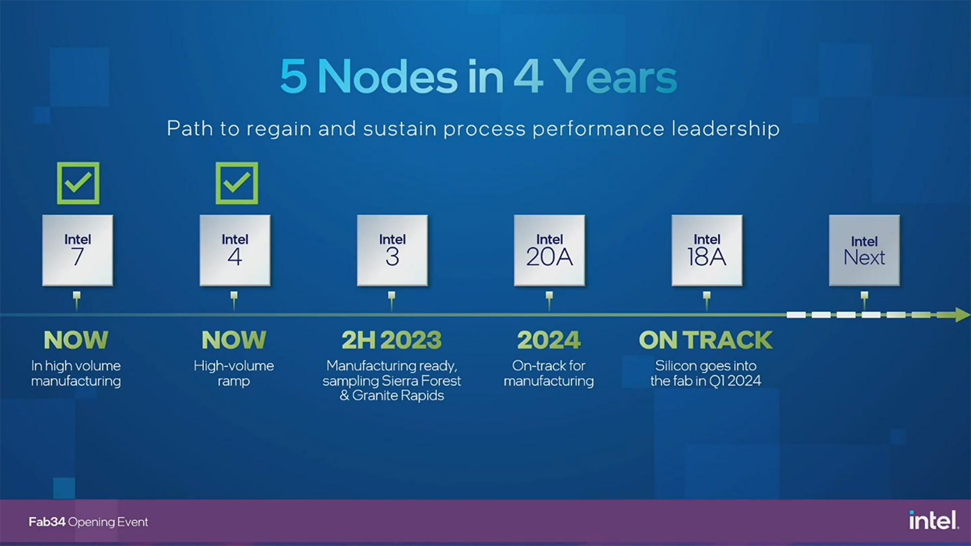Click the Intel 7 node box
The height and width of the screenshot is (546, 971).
point(77,250)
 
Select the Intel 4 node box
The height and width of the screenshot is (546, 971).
point(235,250)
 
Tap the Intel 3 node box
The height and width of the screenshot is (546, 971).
point(392,250)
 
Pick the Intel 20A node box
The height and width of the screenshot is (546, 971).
point(549,250)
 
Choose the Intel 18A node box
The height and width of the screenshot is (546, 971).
point(707,250)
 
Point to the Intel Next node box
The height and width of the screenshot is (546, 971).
point(864,250)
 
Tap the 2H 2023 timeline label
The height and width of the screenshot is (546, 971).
point(391,340)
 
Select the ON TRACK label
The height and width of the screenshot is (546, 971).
point(705,340)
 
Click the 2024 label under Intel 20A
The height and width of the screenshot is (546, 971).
point(549,340)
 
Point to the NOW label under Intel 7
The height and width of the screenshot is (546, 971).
point(76,340)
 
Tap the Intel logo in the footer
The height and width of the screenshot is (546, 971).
point(934,520)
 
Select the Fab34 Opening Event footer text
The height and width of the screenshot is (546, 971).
point(88,522)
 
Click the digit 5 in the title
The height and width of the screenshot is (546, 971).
point(293,76)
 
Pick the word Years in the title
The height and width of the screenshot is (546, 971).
point(616,76)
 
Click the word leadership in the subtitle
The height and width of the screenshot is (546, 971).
point(725,129)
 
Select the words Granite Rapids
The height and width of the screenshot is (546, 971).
point(398,395)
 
